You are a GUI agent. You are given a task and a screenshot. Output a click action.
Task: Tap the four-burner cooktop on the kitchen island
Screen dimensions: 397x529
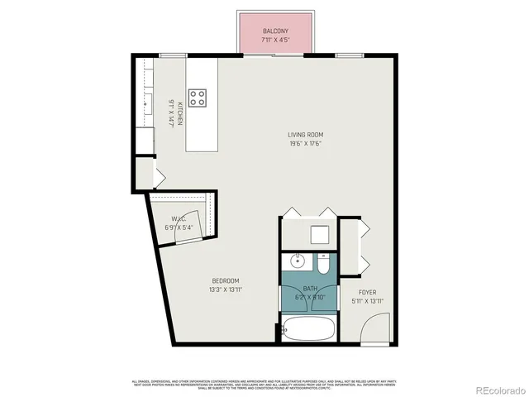pos(198,98)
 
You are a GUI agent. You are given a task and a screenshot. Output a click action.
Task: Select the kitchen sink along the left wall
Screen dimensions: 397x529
pos(148,103)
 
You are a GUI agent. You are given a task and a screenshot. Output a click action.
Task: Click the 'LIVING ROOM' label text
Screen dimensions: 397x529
pos(305,135)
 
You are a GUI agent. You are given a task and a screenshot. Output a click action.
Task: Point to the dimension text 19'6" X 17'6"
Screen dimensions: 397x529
pos(305,143)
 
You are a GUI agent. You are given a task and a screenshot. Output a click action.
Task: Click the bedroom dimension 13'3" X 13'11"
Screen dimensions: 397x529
pos(225,289)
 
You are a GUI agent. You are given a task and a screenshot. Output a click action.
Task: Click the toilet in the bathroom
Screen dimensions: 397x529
pos(323,264)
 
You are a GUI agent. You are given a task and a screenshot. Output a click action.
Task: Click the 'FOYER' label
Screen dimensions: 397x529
pos(368,293)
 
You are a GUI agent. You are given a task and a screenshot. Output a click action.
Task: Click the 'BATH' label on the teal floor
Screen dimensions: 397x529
pos(310,289)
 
